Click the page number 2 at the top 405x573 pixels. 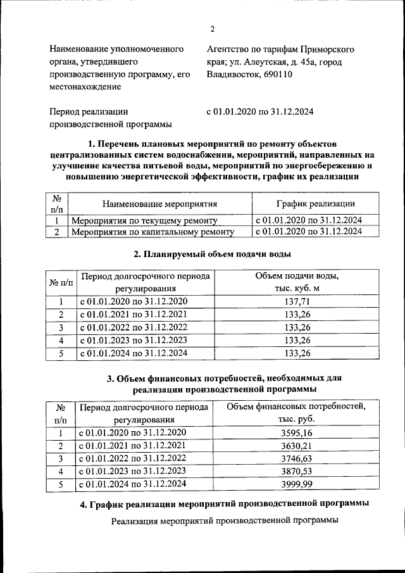tap(213, 29)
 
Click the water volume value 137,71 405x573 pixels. tap(297, 301)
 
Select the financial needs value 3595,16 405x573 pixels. tap(296, 432)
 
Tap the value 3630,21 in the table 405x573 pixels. tap(296, 446)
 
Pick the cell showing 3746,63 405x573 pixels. tap(296, 459)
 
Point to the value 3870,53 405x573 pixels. tap(296, 472)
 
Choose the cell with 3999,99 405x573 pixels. tap(296, 485)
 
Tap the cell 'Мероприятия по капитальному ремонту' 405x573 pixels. tap(153, 232)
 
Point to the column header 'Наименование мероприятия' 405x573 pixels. tap(159, 204)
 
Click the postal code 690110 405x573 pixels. tap(276, 74)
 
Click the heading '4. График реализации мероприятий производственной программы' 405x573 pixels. tap(225, 504)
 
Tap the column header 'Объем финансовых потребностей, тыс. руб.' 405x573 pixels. tap(296, 412)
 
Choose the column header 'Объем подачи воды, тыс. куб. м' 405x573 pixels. tap(297, 282)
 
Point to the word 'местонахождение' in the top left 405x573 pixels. tap(85, 87)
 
